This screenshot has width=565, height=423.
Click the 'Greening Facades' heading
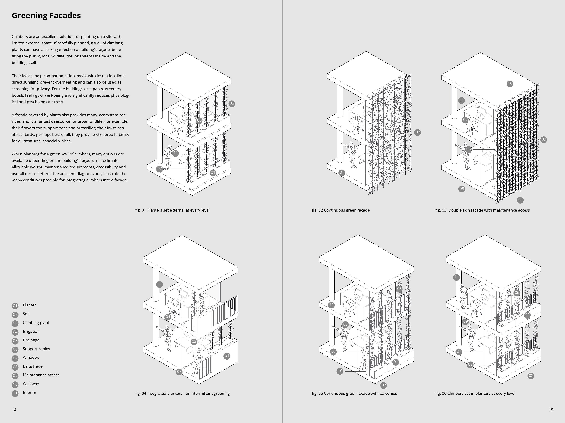click(x=46, y=16)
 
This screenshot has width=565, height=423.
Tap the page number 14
click(x=14, y=410)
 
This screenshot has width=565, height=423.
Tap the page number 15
click(x=551, y=410)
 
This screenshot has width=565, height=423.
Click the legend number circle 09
click(x=15, y=376)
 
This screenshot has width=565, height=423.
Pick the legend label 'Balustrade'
click(x=32, y=366)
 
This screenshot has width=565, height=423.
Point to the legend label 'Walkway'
click(x=31, y=384)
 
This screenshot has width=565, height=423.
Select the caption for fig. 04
click(x=182, y=393)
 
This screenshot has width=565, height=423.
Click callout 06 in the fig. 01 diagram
click(x=199, y=120)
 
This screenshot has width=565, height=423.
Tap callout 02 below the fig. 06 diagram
click(x=531, y=376)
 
